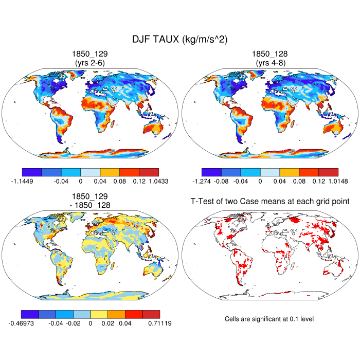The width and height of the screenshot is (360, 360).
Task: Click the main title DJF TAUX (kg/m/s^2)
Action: [x=180, y=39]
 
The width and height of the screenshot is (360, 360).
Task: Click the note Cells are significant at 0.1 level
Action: [x=269, y=319]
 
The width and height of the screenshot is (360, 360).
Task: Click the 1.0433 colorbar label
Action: [x=158, y=181]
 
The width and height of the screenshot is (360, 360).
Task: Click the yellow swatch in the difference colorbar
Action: [x=99, y=314]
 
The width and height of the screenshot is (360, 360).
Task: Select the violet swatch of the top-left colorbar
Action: [x=32, y=172]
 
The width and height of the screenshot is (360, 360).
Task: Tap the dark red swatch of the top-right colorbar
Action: [x=328, y=172]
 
